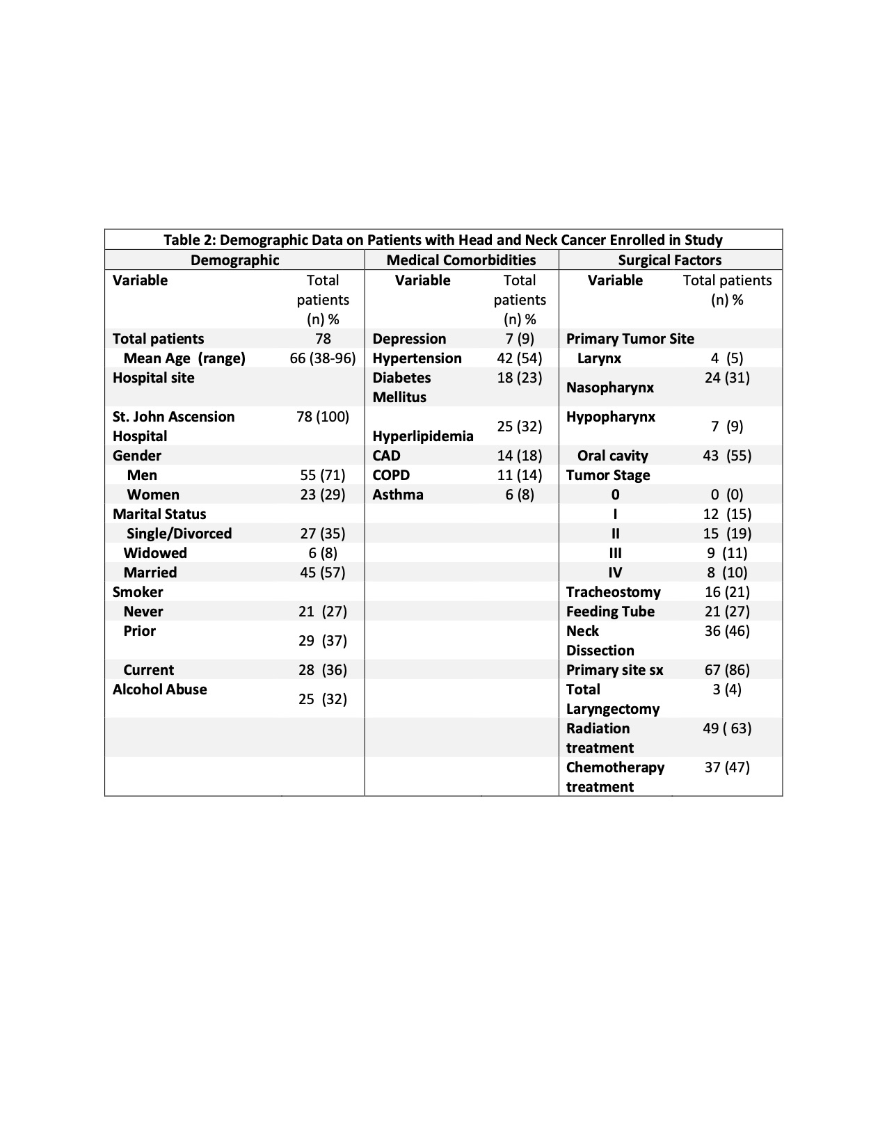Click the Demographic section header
[234, 260]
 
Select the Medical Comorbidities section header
[461, 260]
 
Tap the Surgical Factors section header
[669, 260]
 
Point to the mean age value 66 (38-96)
[322, 358]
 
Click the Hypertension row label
[417, 358]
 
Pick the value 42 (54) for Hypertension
[520, 358]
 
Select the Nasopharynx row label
[609, 388]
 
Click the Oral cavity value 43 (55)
[727, 456]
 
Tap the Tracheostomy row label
[613, 592]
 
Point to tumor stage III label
[615, 553]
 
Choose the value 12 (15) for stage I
[727, 514]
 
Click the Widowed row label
[155, 553]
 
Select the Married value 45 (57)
[322, 573]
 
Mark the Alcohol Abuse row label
[159, 689]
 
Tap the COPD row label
[391, 475]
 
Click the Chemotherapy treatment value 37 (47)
[727, 767]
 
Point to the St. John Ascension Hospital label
[173, 426]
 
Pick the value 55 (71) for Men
[322, 475]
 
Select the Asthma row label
[397, 495]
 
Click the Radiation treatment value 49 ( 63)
[727, 728]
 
